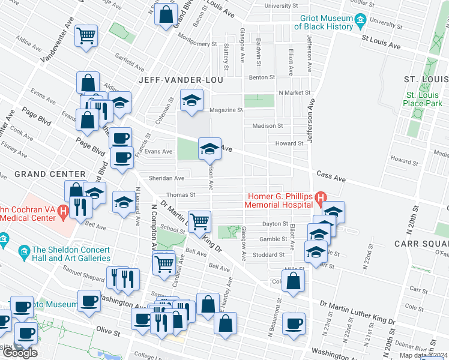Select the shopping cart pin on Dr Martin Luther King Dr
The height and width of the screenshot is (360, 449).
coord(199,221)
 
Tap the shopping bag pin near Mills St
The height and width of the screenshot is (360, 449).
coord(293,281)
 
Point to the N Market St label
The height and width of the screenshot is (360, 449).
coord(294,93)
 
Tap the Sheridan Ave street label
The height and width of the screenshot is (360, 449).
coord(166,178)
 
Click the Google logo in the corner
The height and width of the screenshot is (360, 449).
coord(19,353)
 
